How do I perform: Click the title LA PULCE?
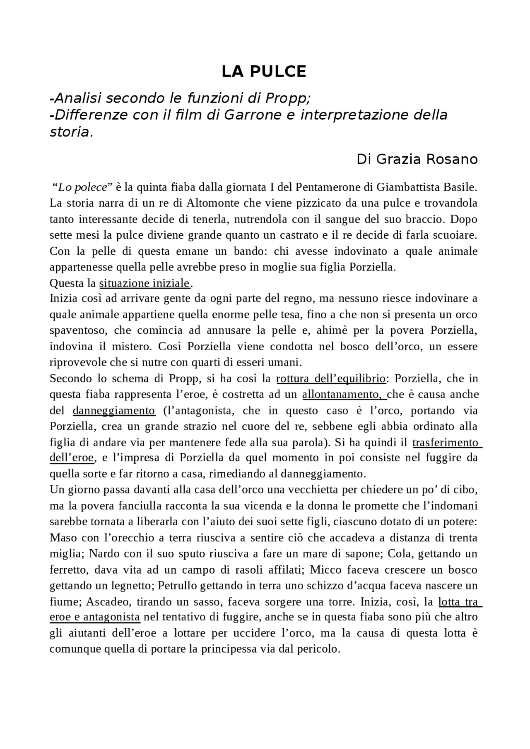(264, 72)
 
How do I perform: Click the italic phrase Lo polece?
(82, 187)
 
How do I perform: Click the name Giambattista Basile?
(426, 187)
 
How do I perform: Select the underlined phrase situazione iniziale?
(144, 283)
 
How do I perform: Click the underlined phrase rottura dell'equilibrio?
(330, 378)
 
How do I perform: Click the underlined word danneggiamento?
(114, 411)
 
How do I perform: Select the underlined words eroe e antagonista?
(94, 617)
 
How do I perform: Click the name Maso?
(61, 538)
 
